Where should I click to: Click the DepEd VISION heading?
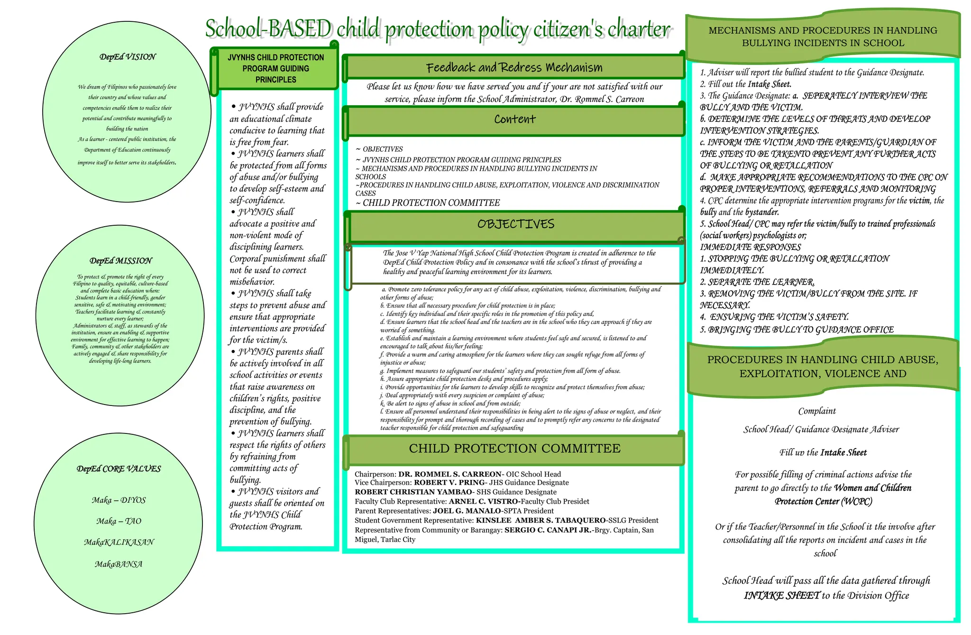coord(128,57)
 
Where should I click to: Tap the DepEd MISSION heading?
coord(121,261)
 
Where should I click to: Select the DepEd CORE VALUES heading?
coord(119,469)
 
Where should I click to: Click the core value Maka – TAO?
coord(119,521)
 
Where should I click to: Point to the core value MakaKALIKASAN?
coord(119,542)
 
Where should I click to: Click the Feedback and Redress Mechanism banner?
coord(514,67)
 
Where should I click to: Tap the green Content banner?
coord(514,119)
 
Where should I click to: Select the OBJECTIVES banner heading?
coord(515,224)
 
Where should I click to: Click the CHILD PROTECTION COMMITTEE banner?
coord(514,448)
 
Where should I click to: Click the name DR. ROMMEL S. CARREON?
coord(449,474)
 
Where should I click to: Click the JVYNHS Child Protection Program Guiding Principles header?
coord(275,68)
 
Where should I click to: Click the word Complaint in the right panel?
coord(816,411)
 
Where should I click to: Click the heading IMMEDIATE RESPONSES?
coord(750,247)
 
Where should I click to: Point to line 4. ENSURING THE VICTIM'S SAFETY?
coord(779,317)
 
